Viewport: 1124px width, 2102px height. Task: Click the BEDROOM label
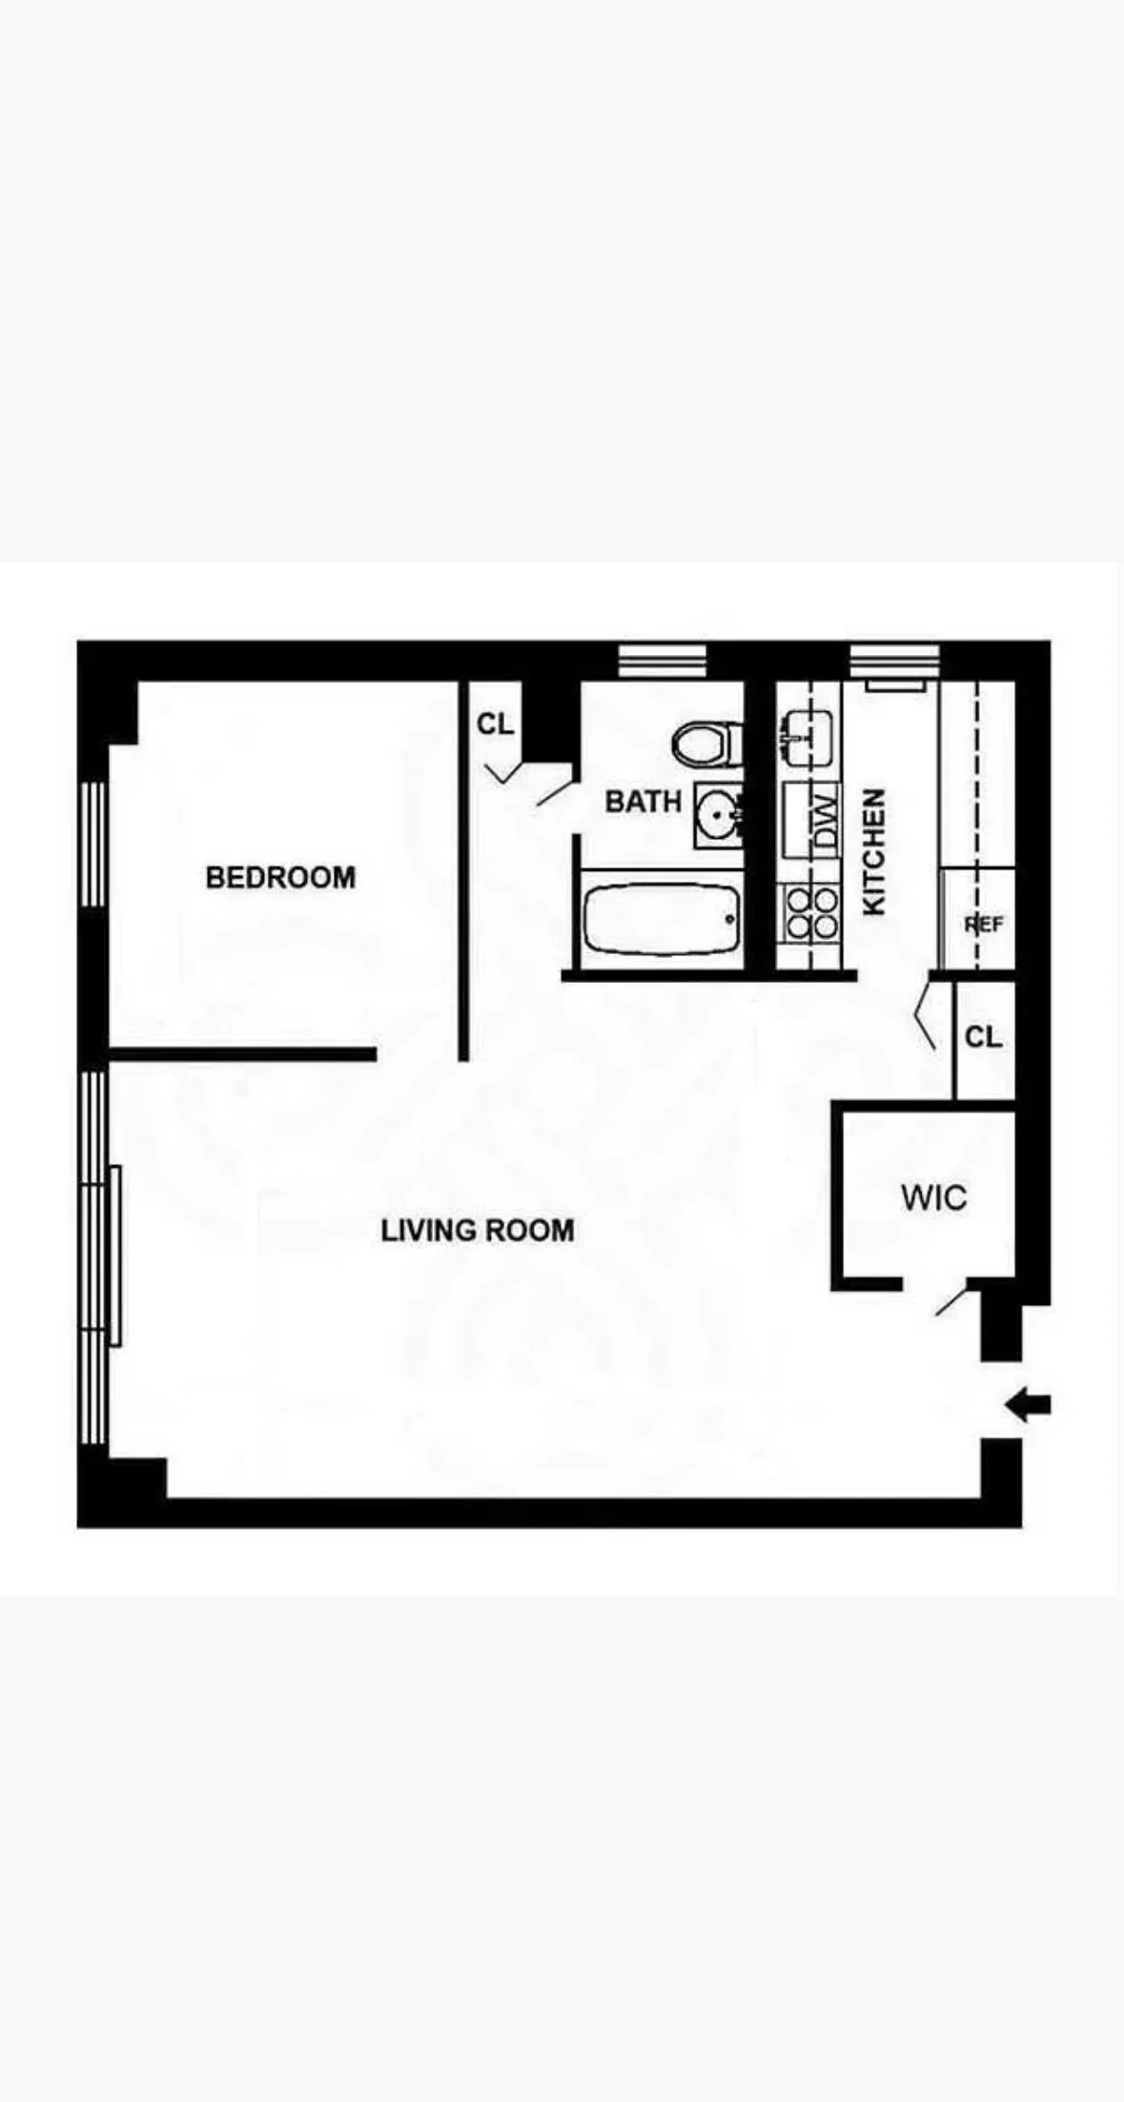click(x=280, y=877)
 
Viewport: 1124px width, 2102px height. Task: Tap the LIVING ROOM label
click(x=478, y=1231)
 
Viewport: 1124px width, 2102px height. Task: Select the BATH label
click(x=644, y=802)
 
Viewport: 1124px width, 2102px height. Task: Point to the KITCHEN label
click(x=874, y=851)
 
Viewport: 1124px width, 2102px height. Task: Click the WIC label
click(x=933, y=1198)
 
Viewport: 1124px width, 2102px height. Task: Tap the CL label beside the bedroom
click(x=495, y=724)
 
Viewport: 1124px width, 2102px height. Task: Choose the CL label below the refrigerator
click(x=983, y=1037)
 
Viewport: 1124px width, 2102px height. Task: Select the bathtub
click(x=661, y=920)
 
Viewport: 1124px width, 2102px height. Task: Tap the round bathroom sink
click(x=717, y=815)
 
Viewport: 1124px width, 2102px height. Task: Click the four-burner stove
click(x=809, y=912)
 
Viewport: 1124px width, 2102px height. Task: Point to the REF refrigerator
click(x=979, y=922)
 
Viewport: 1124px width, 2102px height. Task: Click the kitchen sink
click(x=807, y=738)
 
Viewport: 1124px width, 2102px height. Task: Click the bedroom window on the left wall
click(x=92, y=844)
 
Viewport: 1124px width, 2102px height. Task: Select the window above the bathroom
click(x=662, y=660)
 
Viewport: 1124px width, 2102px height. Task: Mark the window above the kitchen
click(x=894, y=660)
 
